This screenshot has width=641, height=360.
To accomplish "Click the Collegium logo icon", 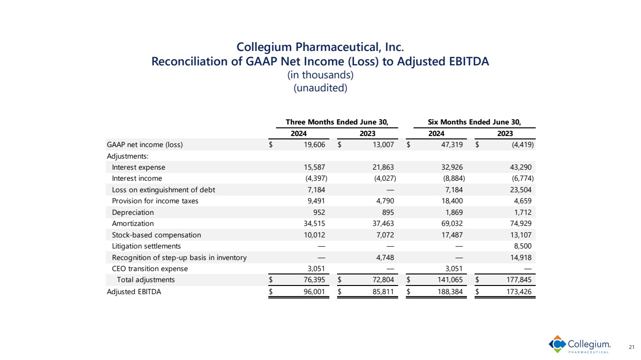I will tap(558, 344).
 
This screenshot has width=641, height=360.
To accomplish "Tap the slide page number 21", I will tap(631, 347).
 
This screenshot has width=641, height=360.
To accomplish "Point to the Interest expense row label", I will tap(138, 167).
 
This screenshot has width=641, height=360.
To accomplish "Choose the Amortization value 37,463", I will tap(385, 223).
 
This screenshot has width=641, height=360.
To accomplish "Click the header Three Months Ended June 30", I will tap(337, 122).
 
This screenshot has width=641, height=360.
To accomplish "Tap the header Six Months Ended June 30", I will tap(474, 122).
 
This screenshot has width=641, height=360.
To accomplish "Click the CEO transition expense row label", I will tap(150, 269).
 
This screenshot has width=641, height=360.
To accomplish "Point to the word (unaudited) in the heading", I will tap(320, 88).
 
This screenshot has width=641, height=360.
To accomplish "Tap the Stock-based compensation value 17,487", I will tap(453, 235).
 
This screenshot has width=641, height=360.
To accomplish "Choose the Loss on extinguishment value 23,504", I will tap(522, 190).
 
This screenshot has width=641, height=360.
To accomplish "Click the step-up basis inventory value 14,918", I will tap(522, 258).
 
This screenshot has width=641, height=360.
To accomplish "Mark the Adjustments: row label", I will tap(127, 156).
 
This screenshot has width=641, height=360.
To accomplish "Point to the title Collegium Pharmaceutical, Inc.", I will tap(320, 47).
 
